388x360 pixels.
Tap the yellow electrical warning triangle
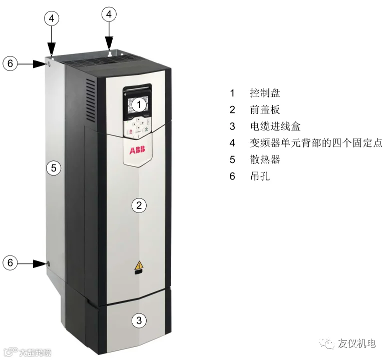coord(138,266)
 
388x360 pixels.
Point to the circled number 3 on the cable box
coord(140,320)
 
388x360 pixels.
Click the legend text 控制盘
coord(265,93)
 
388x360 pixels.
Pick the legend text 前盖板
coord(265,109)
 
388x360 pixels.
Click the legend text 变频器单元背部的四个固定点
coord(315,142)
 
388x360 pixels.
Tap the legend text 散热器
coord(265,159)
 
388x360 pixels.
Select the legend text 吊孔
coord(260,176)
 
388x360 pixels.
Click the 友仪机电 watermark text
coord(356,343)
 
